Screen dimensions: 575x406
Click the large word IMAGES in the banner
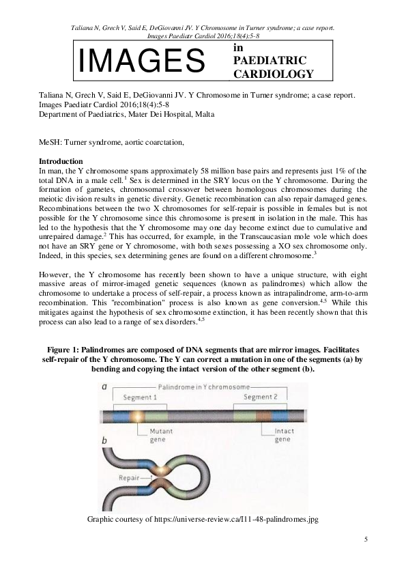click(142, 61)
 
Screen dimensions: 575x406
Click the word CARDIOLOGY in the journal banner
click(274, 74)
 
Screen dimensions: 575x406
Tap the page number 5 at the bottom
click(366, 539)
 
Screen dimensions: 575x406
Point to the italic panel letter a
click(104, 387)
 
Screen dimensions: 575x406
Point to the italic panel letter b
click(104, 442)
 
